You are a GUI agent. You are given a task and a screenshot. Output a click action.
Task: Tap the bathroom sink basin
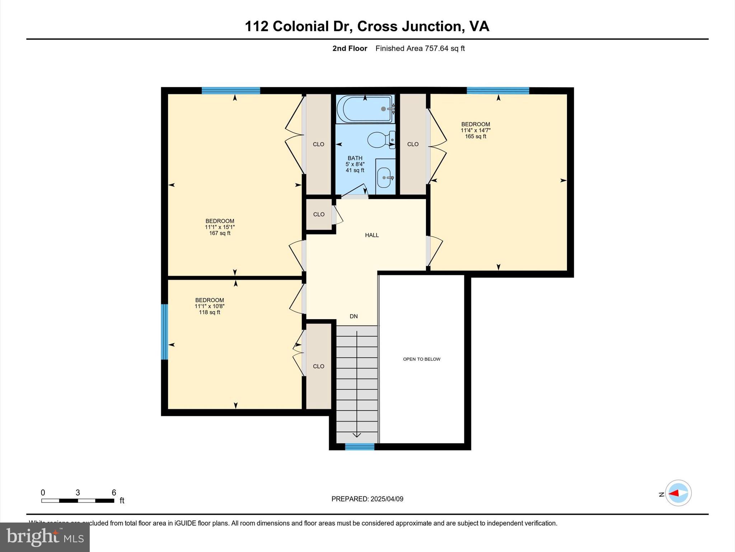click(x=384, y=177)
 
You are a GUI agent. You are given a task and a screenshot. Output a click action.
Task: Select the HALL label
click(x=372, y=235)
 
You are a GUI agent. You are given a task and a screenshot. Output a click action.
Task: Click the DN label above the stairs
click(x=354, y=316)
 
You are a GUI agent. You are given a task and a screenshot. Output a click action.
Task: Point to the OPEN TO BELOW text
click(x=421, y=359)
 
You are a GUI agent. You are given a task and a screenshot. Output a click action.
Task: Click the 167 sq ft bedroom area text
click(x=220, y=233)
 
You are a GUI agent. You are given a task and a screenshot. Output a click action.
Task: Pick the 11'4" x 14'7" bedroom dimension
click(x=475, y=130)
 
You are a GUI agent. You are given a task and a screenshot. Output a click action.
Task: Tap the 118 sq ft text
click(x=210, y=312)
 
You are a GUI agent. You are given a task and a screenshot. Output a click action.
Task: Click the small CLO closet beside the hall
click(x=319, y=214)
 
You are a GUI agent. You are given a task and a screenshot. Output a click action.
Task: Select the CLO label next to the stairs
click(x=318, y=366)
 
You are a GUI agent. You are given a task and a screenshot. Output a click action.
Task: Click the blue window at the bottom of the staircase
click(x=360, y=447)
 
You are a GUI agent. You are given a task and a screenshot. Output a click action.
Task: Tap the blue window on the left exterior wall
click(x=164, y=332)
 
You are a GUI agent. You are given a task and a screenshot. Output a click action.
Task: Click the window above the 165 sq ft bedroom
click(x=498, y=91)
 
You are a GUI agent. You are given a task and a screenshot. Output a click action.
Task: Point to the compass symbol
click(x=678, y=493)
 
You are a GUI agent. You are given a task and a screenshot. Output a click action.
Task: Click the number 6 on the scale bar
click(x=114, y=493)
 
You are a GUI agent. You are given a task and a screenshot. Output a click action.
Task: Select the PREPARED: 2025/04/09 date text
click(x=367, y=499)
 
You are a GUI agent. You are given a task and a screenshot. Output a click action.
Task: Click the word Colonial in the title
click(x=311, y=26)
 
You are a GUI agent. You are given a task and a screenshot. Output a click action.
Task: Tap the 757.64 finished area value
click(x=436, y=49)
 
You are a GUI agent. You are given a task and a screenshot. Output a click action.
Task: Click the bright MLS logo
click(x=45, y=537)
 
